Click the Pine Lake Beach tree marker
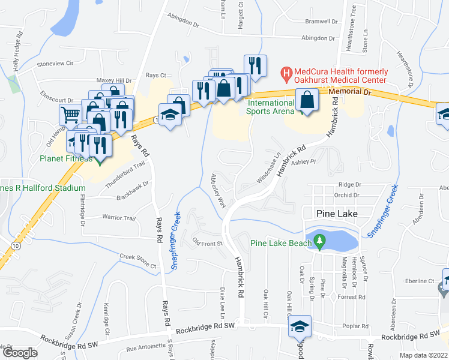pos(320,242)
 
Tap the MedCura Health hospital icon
pos(287,74)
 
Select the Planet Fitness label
pos(66,159)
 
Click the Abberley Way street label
pos(217,191)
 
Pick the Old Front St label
pos(207,243)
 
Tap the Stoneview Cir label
pos(55,63)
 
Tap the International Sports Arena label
pos(271,107)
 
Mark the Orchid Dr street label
pos(348,195)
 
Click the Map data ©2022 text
pos(423,355)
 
